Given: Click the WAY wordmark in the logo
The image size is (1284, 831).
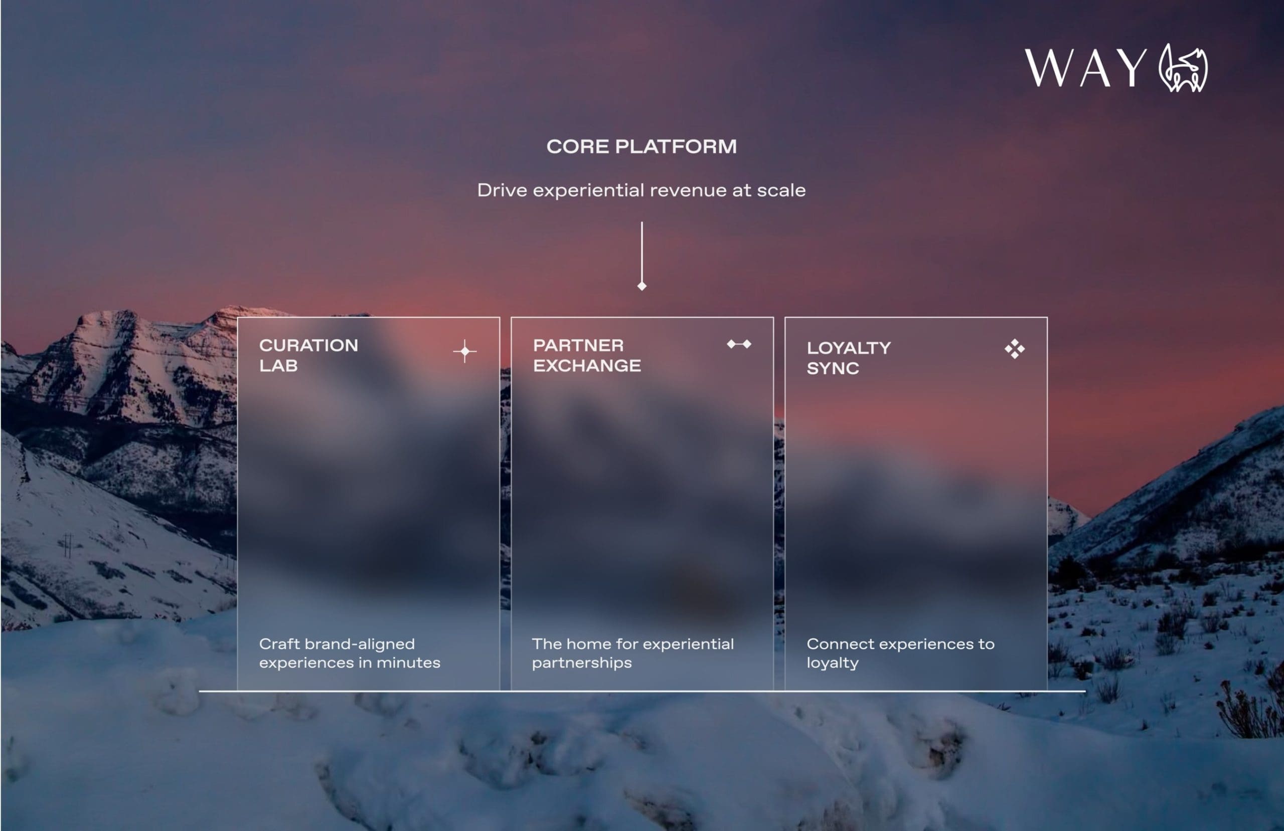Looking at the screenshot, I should (x=1085, y=68).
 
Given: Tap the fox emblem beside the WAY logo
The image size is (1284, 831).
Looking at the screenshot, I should (x=1183, y=69).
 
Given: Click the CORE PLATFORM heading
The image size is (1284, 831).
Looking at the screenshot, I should (x=641, y=147).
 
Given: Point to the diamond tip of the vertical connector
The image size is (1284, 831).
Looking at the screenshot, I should (x=641, y=286).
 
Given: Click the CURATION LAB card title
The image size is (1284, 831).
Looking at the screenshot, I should (x=308, y=355).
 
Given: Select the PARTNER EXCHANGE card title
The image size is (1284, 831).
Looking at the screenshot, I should (x=586, y=355).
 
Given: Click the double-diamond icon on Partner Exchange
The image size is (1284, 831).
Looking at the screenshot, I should (x=739, y=344).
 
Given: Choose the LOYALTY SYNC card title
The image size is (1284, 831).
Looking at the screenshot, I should (x=848, y=358).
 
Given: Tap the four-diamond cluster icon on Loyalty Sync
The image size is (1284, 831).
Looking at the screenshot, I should (x=1014, y=349).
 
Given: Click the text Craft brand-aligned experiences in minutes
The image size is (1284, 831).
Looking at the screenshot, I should (x=349, y=653).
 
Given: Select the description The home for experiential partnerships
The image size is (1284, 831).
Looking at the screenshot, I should (x=632, y=653).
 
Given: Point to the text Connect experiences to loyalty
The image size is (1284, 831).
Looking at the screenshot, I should (x=900, y=653).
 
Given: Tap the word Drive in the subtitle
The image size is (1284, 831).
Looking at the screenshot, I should (x=502, y=190).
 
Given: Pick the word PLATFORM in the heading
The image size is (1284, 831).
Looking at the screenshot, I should (x=676, y=147).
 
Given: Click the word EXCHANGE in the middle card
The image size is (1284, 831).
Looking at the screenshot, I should (x=586, y=365).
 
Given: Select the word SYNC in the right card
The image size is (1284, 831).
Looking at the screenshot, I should (x=833, y=368).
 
